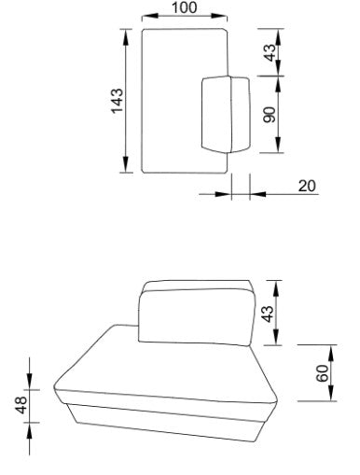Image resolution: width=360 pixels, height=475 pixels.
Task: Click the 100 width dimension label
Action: point(184,7)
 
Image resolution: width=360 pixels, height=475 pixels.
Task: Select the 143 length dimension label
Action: point(118,101)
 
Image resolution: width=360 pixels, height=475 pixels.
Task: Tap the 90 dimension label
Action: point(270,115)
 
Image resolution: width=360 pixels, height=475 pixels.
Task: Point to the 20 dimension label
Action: point(307,186)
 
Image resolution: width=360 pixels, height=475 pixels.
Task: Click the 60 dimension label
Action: point(323,373)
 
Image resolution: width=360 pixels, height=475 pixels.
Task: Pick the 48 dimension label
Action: point(22,406)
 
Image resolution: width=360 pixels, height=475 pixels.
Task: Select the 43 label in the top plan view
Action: point(270,52)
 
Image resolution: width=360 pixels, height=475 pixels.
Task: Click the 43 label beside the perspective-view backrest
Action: point(268,314)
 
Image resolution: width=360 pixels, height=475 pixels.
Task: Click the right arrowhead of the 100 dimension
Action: point(219,16)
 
